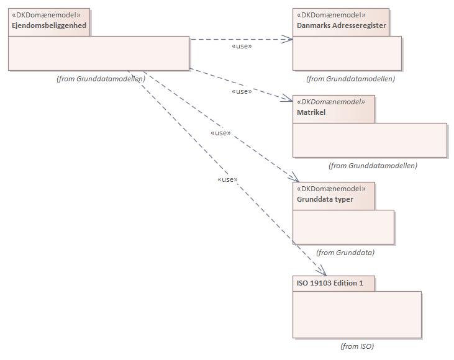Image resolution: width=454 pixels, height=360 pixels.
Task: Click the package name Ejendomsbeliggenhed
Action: (x=49, y=25)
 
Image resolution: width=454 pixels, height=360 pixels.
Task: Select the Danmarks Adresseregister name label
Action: (x=342, y=25)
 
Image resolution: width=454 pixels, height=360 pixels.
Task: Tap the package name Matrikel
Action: (x=311, y=112)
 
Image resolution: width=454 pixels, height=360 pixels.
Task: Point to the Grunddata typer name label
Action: (x=326, y=199)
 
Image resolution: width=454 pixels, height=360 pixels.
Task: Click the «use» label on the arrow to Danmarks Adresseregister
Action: (x=242, y=46)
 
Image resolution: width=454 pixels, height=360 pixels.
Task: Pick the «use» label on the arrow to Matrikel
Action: (x=242, y=91)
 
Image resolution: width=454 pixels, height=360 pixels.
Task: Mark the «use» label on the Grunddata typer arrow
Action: (x=220, y=133)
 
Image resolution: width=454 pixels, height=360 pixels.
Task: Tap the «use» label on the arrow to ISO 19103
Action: (x=228, y=179)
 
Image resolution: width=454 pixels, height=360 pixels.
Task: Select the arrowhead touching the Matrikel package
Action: (x=288, y=99)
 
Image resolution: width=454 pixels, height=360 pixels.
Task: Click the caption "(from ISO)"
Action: (x=357, y=346)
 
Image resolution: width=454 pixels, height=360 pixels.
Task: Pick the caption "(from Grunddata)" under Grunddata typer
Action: (x=345, y=253)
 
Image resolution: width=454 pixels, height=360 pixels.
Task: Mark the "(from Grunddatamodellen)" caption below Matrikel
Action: (x=373, y=166)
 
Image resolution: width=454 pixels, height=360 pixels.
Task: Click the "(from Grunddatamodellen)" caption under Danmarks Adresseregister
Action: (x=350, y=79)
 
